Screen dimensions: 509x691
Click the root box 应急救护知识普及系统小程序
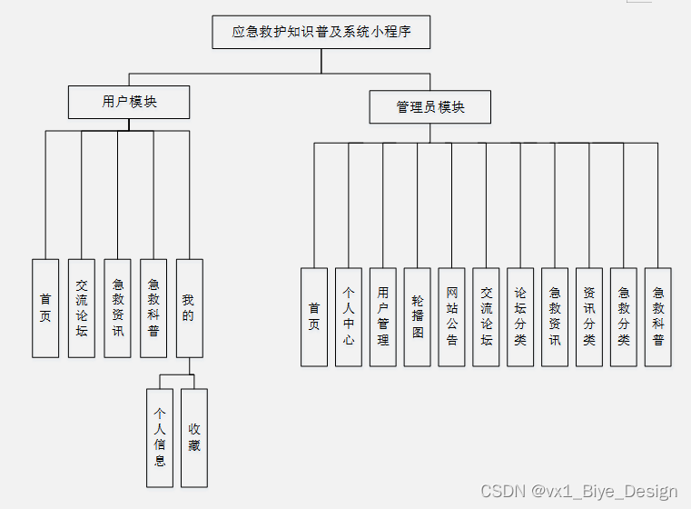pyautogui.click(x=321, y=32)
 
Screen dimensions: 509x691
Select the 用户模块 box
pyautogui.click(x=129, y=102)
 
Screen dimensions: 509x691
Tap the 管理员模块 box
pyautogui.click(x=430, y=107)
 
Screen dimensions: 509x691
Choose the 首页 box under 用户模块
pyautogui.click(x=45, y=308)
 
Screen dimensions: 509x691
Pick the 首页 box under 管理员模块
pyautogui.click(x=314, y=316)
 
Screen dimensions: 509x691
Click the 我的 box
pyautogui.click(x=189, y=308)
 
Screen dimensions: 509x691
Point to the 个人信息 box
pyautogui.click(x=160, y=438)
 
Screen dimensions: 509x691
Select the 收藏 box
pyautogui.click(x=194, y=438)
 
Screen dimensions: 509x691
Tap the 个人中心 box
pyautogui.click(x=349, y=316)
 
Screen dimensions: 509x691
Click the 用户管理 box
pyautogui.click(x=383, y=316)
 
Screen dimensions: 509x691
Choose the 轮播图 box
pyautogui.click(x=418, y=316)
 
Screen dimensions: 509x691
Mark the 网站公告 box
pyautogui.click(x=452, y=316)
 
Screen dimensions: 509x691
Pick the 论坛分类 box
pyautogui.click(x=520, y=316)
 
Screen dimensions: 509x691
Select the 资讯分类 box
pyautogui.click(x=589, y=316)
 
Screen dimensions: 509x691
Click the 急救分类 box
pyautogui.click(x=624, y=316)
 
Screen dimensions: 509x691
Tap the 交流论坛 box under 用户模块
pyautogui.click(x=82, y=308)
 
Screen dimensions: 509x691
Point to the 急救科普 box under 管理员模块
pyautogui.click(x=658, y=316)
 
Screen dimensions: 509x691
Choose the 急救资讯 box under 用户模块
pyautogui.click(x=117, y=308)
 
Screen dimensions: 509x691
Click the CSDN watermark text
pyautogui.click(x=578, y=492)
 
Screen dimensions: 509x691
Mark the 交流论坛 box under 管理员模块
pyautogui.click(x=487, y=316)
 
